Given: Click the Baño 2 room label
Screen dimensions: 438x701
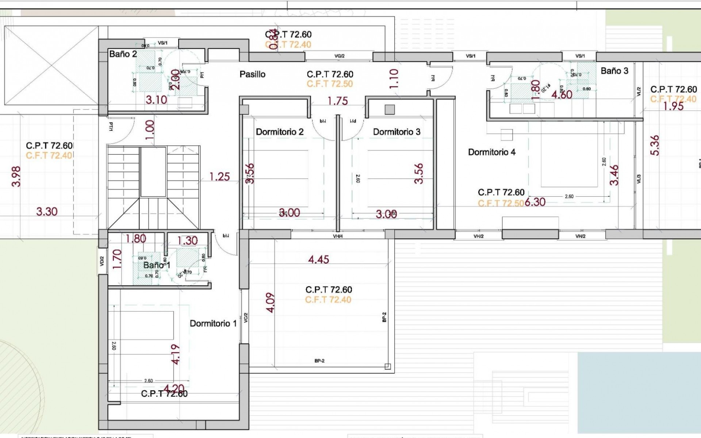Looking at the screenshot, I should (123, 54).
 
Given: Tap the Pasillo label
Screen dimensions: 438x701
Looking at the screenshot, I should (252, 74).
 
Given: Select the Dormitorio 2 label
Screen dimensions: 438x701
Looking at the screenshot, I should (280, 132).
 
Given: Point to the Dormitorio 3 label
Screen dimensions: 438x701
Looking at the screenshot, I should (397, 132).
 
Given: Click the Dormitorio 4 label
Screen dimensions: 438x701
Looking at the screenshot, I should (492, 152).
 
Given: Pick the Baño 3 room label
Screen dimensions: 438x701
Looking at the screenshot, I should (614, 71).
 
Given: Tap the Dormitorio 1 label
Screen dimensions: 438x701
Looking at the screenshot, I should (213, 323).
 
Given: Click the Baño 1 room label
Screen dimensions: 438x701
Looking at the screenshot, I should (156, 265).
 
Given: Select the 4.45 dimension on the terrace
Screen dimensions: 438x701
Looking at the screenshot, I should (318, 260).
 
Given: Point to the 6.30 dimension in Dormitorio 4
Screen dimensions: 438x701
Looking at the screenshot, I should (535, 202).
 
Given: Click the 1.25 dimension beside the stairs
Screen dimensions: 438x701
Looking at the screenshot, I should (219, 177).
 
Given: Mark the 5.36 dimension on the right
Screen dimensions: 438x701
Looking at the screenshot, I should (655, 145).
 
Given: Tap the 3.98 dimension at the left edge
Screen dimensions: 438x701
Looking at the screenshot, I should (16, 176).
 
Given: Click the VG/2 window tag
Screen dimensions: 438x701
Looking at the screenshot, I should (339, 56).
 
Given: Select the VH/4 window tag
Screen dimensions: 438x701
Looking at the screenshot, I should (338, 237).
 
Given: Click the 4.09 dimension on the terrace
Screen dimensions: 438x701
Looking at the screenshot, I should (271, 302).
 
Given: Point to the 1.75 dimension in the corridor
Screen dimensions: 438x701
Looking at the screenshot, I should (337, 101).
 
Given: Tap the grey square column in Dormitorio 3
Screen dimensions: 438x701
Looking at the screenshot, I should (390, 109).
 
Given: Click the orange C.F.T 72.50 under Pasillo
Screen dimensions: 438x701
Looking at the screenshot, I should (330, 84).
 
